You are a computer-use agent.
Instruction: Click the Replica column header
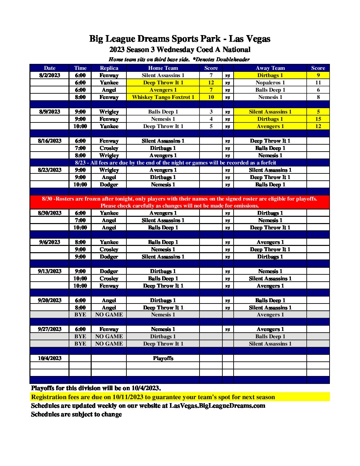pyautogui.click(x=109, y=68)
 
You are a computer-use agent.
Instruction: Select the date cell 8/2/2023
pyautogui.click(x=50, y=75)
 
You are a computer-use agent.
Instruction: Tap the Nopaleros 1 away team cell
pyautogui.click(x=270, y=83)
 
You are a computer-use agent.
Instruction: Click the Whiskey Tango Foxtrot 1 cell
pyautogui.click(x=163, y=97)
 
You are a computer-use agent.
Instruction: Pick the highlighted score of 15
pyautogui.click(x=318, y=119)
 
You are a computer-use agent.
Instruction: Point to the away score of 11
pyautogui.click(x=318, y=83)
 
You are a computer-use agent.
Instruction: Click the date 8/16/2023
pyautogui.click(x=50, y=141)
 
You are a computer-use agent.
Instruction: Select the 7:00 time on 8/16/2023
pyautogui.click(x=80, y=148)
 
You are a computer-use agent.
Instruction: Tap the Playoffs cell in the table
pyautogui.click(x=163, y=358)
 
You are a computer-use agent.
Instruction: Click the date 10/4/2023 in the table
pyautogui.click(x=50, y=358)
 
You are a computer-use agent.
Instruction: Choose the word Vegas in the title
pyautogui.click(x=260, y=39)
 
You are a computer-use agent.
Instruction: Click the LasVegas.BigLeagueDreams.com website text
pyautogui.click(x=217, y=406)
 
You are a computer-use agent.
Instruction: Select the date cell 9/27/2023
pyautogui.click(x=50, y=329)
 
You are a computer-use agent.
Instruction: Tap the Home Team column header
pyautogui.click(x=163, y=68)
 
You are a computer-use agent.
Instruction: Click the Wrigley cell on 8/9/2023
pyautogui.click(x=109, y=112)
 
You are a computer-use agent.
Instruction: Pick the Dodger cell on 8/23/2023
pyautogui.click(x=109, y=185)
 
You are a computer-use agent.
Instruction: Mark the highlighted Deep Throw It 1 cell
pyautogui.click(x=163, y=83)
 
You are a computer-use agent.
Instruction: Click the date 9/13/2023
pyautogui.click(x=50, y=271)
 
